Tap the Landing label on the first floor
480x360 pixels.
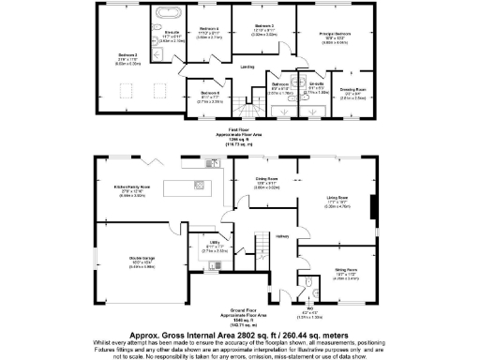coord(247,67)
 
